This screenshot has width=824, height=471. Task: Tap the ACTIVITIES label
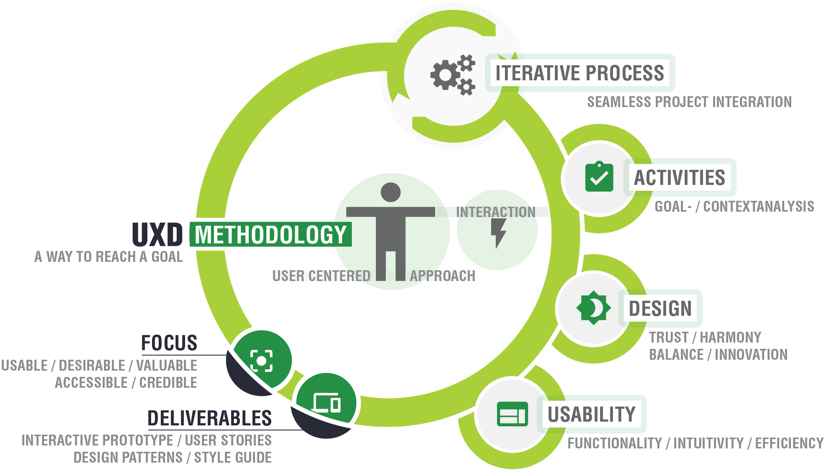679,177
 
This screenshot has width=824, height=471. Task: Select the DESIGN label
660,309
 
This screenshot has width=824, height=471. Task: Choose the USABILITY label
591,415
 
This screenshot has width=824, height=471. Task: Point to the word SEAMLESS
618,102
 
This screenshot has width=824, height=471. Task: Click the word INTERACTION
496,212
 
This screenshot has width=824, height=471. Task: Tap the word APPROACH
443,276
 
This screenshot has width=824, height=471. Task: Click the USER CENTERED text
321,276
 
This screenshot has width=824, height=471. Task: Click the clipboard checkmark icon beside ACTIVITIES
599,177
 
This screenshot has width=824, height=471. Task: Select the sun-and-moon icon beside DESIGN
593,308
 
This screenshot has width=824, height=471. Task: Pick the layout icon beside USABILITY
512,414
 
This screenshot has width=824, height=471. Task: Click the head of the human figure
391,192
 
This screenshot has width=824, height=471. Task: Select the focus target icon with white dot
261,361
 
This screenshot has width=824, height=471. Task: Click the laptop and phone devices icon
326,403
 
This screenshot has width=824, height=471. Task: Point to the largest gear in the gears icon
445,75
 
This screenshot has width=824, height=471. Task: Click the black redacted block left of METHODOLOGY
158,234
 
